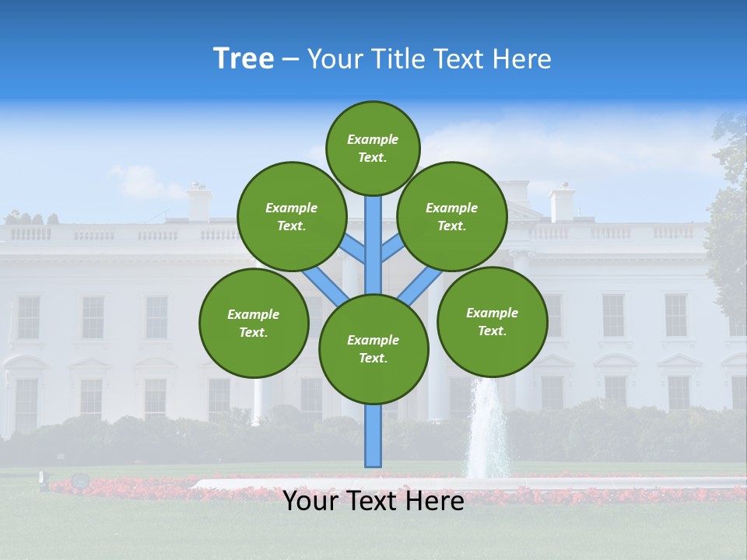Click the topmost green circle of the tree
click(x=373, y=148)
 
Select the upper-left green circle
click(x=291, y=216)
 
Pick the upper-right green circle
click(x=452, y=216)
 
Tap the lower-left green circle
click(x=254, y=323)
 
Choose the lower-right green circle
click(x=492, y=321)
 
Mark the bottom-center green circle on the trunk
click(x=373, y=348)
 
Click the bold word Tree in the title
click(x=244, y=58)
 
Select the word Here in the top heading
click(x=523, y=58)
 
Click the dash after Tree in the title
click(x=290, y=59)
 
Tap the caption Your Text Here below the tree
click(x=373, y=501)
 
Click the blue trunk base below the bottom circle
click(x=373, y=436)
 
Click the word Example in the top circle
click(x=373, y=139)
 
